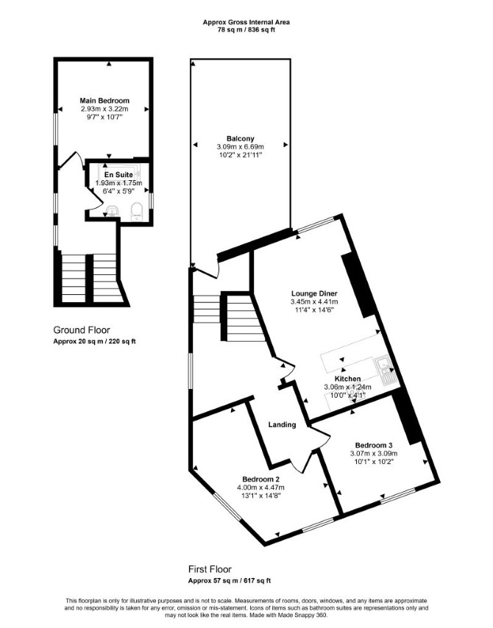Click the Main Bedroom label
[104, 101]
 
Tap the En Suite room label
[118, 175]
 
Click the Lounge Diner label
[314, 293]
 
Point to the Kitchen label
[347, 379]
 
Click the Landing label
[282, 424]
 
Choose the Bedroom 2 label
[261, 479]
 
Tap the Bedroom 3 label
[374, 445]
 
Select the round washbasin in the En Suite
[112, 210]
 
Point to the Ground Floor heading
[82, 330]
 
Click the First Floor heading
[210, 569]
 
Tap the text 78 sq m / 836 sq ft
[246, 29]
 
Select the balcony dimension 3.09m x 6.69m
[240, 147]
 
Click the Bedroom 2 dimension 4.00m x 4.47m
[261, 488]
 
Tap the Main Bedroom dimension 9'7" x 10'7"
[104, 117]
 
